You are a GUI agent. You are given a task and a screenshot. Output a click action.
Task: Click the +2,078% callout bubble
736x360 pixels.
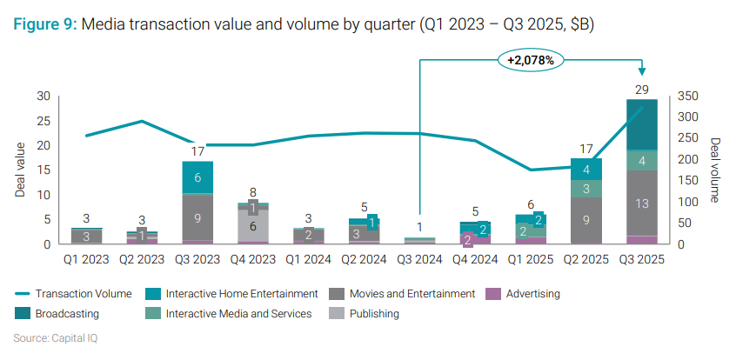(x=532, y=60)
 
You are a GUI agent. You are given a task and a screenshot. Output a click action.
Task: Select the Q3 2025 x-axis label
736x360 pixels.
(x=641, y=258)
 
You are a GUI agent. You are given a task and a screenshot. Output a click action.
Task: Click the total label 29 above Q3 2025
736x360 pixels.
(x=641, y=90)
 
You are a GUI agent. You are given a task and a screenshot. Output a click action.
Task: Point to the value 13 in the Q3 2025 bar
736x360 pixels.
(x=641, y=203)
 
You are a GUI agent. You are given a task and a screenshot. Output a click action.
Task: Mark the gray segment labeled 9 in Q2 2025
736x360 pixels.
(x=586, y=221)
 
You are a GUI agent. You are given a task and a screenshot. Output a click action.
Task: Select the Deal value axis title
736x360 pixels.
(x=20, y=170)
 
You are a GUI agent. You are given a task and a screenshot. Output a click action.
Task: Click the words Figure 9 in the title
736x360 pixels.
(x=44, y=25)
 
